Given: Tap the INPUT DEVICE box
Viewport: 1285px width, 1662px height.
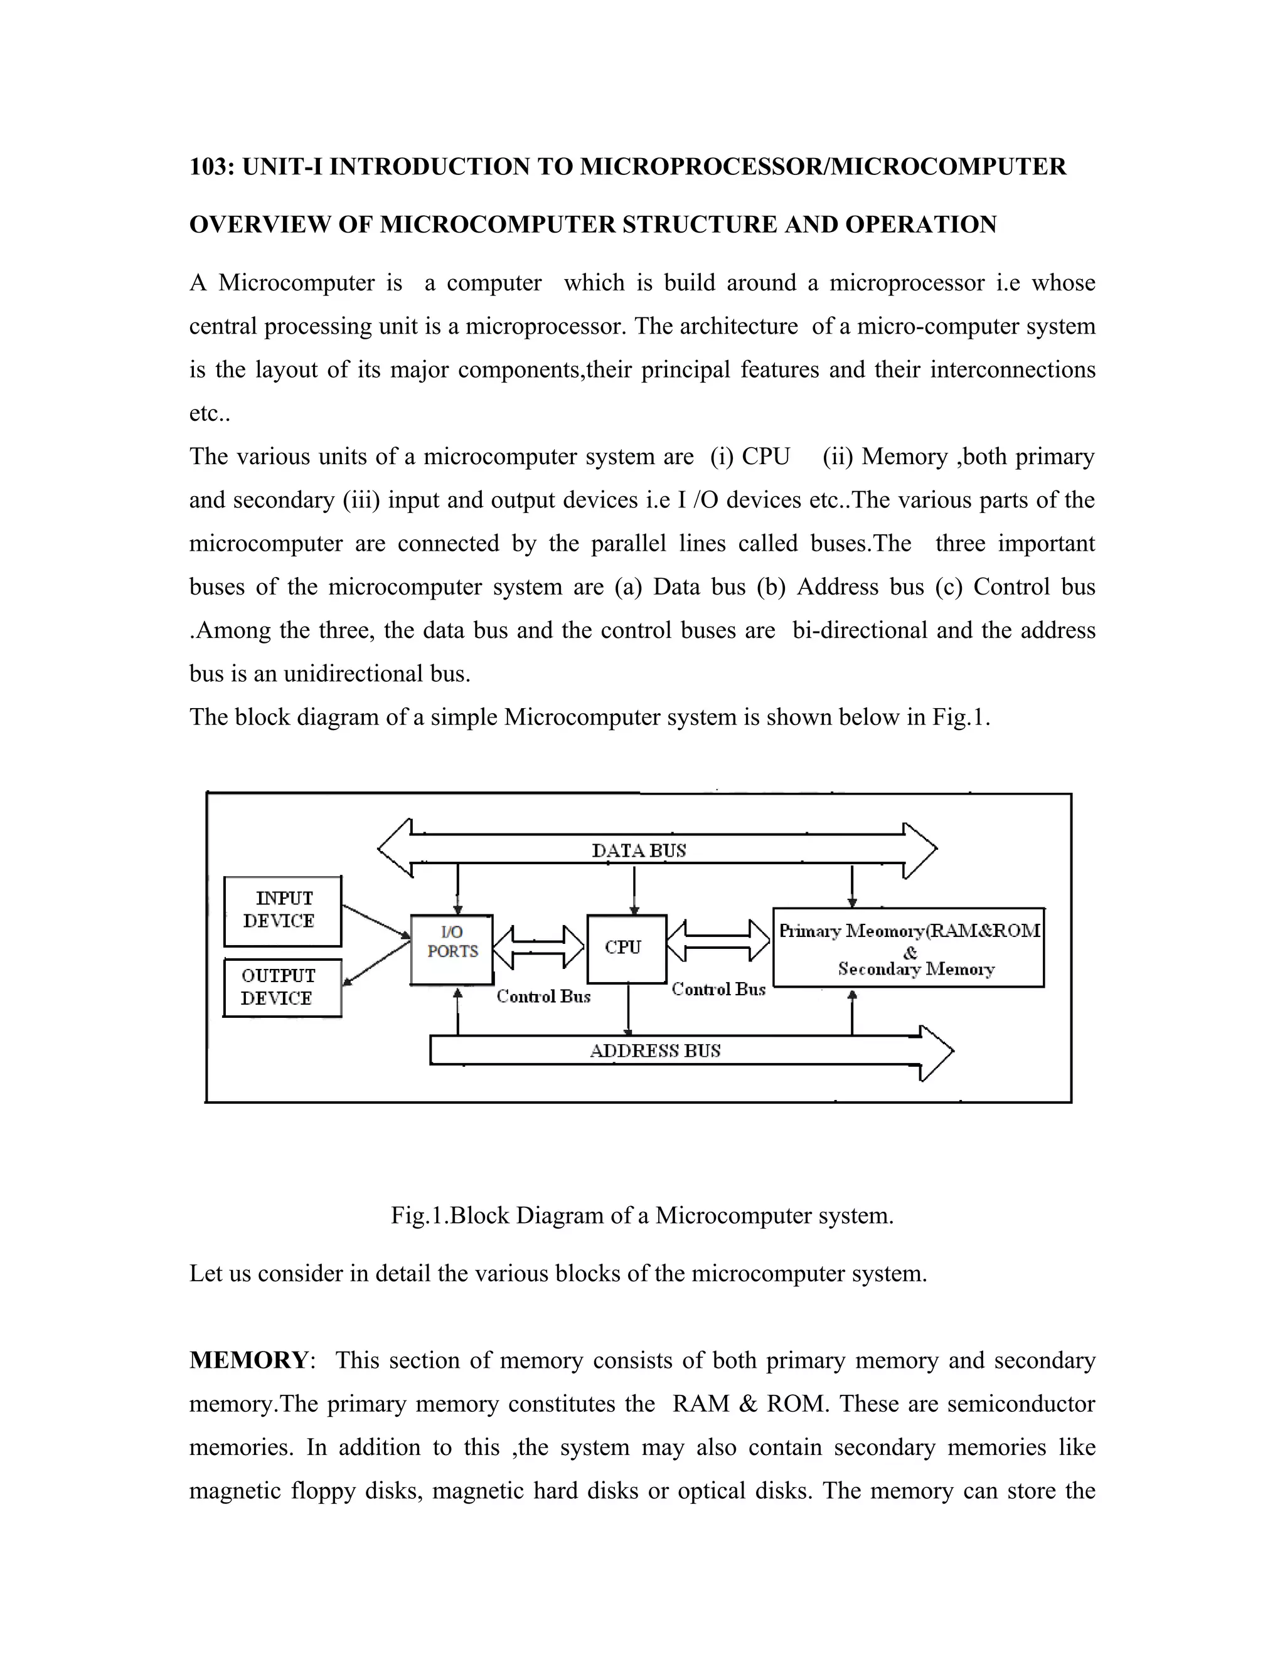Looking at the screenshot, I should point(282,910).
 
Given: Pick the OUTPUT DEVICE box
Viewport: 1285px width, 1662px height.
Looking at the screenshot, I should point(282,987).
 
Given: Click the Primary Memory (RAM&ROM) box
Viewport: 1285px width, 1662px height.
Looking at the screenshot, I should point(908,948).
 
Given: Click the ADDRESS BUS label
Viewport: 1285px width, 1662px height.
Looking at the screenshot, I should point(654,1051).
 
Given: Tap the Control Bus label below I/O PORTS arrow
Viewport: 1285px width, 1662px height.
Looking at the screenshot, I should point(543,996).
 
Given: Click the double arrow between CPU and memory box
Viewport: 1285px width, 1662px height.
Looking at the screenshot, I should point(718,941).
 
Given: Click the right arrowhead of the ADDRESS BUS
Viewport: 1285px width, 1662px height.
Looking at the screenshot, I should point(936,1052).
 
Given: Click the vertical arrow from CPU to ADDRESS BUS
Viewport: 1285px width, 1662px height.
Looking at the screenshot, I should point(628,1009).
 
